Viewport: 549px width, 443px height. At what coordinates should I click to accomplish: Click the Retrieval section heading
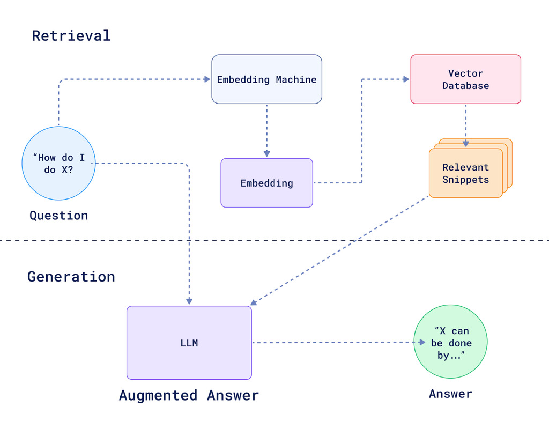click(71, 35)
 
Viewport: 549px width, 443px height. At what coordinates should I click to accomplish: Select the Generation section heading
click(71, 277)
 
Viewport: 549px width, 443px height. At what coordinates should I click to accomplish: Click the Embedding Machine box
click(266, 79)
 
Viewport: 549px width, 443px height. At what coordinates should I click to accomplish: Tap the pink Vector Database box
click(465, 79)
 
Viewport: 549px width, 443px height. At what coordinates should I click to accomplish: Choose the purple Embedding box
click(266, 183)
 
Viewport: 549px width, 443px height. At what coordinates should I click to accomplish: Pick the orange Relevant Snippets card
click(465, 173)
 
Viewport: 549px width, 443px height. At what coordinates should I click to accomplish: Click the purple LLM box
click(189, 343)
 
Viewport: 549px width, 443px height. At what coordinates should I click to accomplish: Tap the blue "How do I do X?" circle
click(58, 163)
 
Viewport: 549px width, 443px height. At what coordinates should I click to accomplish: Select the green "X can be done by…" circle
click(450, 342)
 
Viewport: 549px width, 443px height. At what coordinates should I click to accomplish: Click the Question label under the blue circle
click(58, 216)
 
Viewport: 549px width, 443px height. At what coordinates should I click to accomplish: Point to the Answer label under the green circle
click(450, 394)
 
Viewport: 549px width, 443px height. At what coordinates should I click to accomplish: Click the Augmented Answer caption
click(189, 396)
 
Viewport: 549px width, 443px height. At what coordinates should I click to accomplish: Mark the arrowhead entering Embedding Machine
click(207, 79)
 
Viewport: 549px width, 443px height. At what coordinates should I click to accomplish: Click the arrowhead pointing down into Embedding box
click(266, 153)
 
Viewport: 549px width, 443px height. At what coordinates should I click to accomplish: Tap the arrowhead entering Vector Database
click(406, 79)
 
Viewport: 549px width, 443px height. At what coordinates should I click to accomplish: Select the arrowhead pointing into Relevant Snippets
click(465, 143)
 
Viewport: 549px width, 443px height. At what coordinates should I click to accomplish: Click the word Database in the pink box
click(465, 86)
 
